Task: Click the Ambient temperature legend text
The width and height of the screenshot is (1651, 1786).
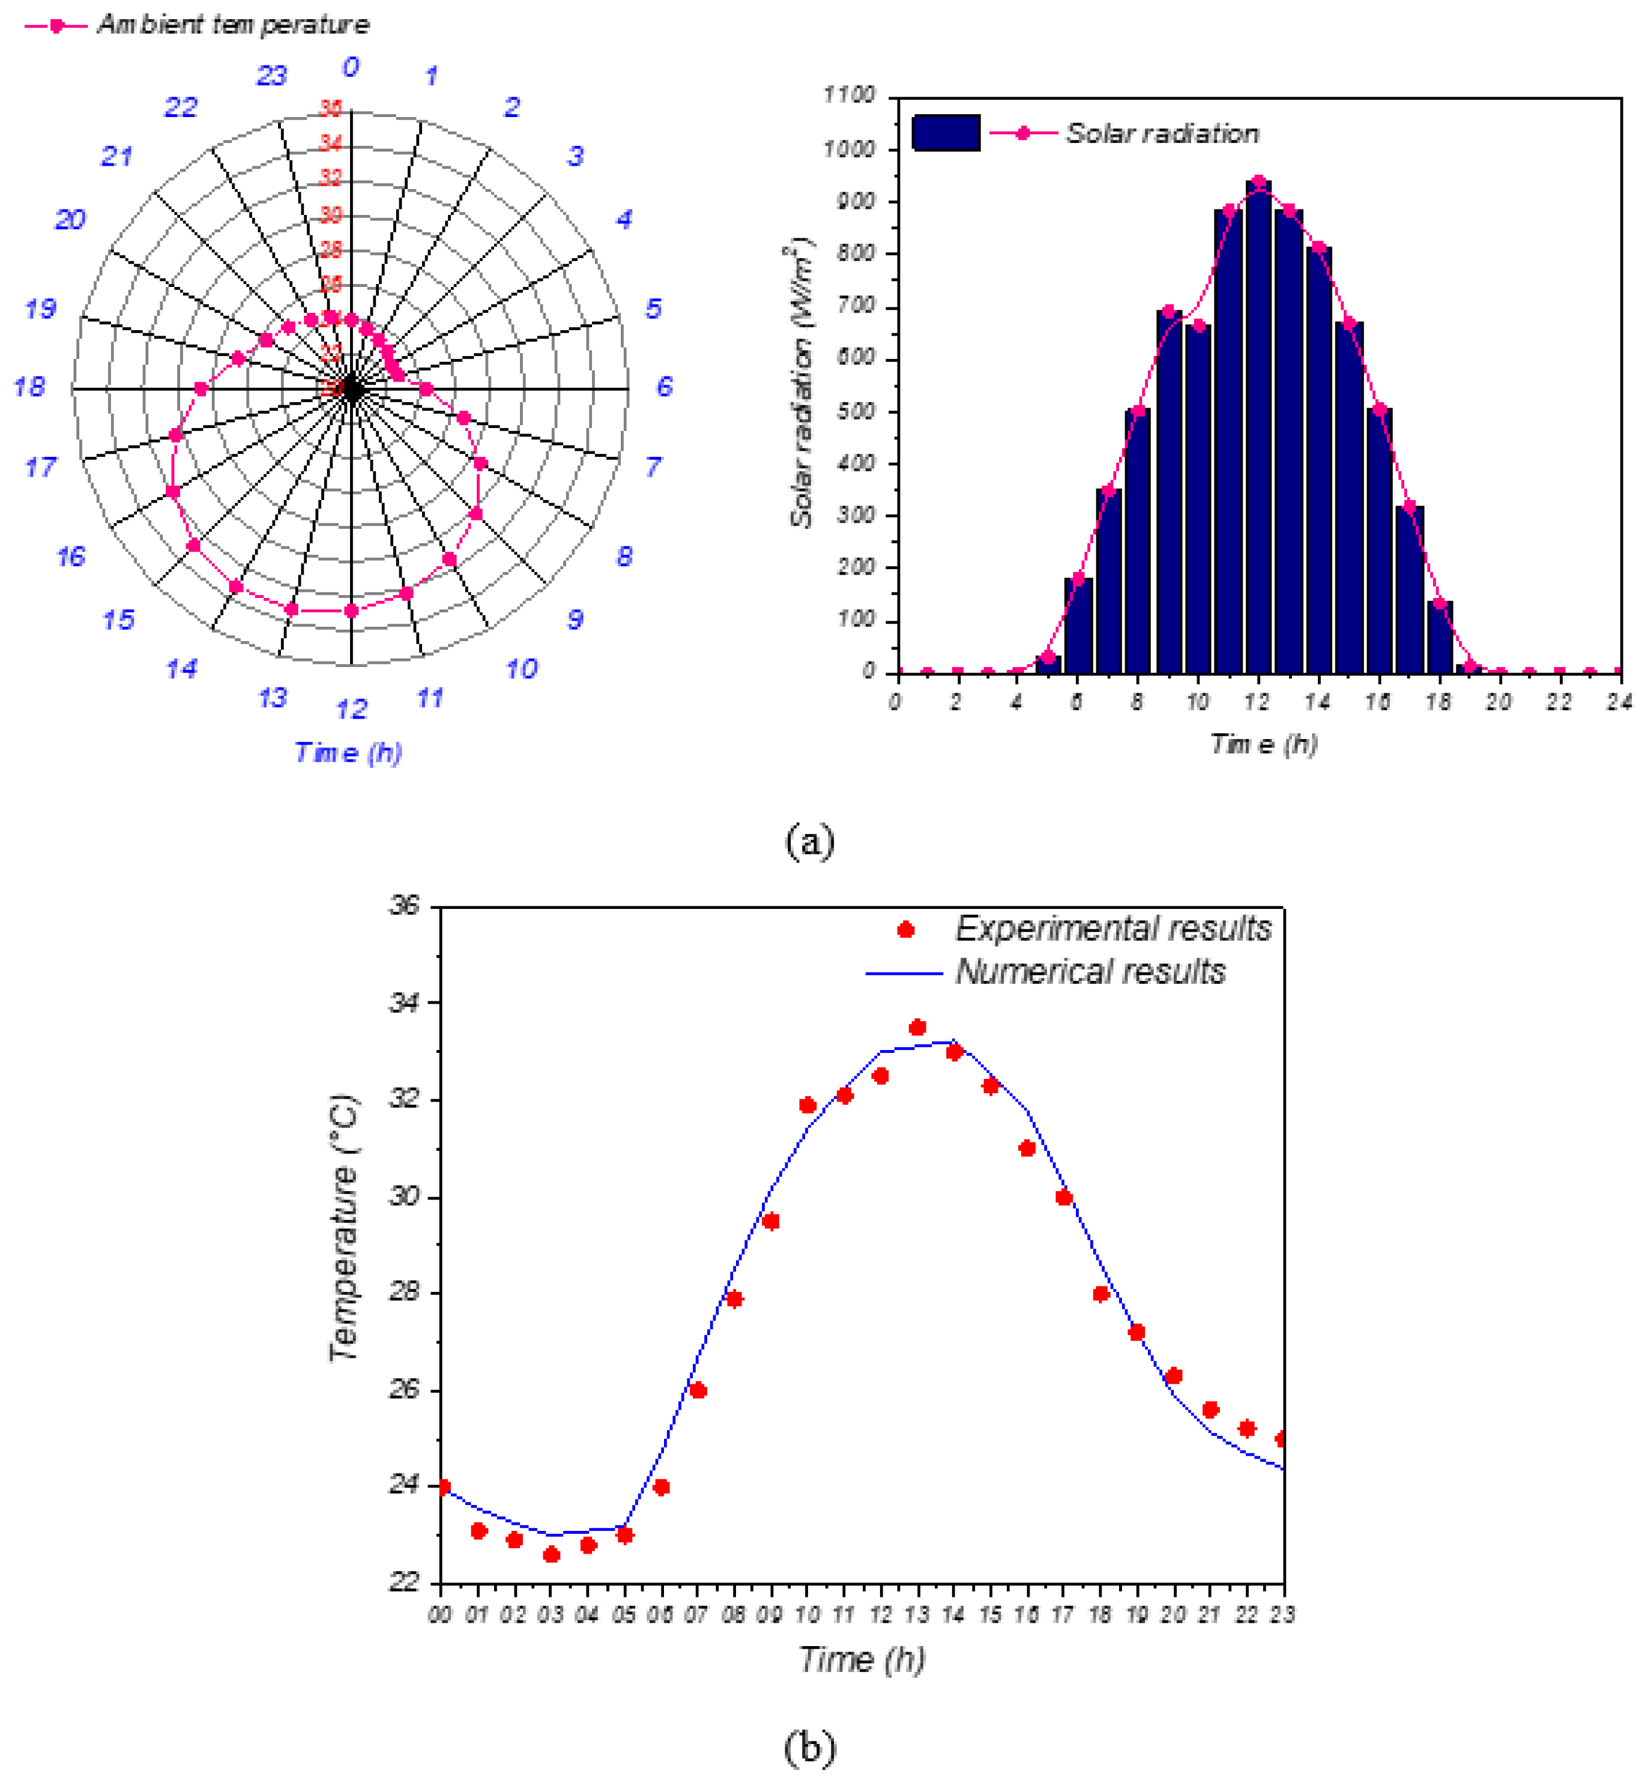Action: pos(232,24)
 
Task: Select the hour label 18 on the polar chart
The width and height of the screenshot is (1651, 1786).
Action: pos(29,387)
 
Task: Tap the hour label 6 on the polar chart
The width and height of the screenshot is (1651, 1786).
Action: pos(664,387)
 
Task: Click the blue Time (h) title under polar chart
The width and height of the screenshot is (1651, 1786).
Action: pos(348,752)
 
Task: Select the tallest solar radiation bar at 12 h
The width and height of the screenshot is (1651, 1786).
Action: pos(1258,429)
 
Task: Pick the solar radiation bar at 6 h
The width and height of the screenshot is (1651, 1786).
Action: pos(1078,626)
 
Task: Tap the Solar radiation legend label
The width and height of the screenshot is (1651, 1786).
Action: pos(1162,133)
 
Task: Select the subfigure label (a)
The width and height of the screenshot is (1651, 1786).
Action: pos(809,840)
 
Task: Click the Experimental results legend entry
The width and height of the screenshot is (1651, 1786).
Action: pos(1112,929)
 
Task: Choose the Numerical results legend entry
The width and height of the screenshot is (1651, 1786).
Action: pos(1090,972)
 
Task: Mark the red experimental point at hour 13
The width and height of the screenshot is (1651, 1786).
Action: pos(917,1027)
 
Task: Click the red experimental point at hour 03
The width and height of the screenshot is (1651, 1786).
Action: pos(551,1555)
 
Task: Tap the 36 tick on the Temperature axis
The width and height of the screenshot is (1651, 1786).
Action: pos(404,906)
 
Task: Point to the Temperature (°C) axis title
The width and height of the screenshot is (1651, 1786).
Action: pos(344,1228)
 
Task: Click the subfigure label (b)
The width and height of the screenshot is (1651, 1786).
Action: pos(809,1747)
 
